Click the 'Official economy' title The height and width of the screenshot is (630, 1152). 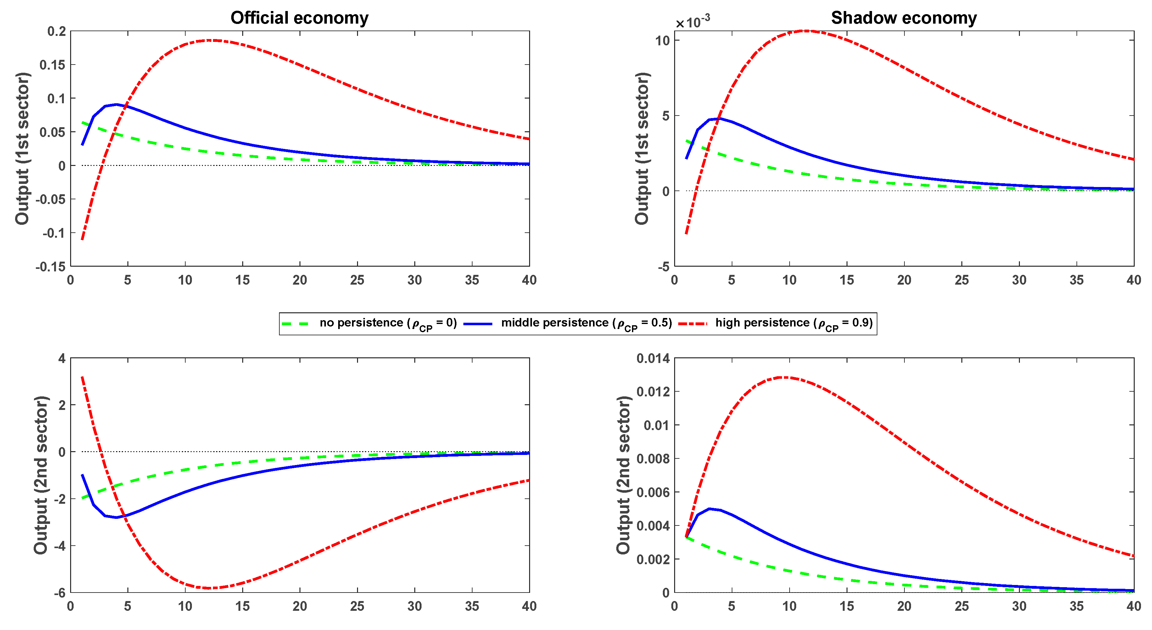(299, 18)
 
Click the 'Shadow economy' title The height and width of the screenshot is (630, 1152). (903, 18)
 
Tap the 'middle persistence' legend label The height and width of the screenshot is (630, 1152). (586, 323)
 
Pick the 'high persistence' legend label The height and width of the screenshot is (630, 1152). (794, 323)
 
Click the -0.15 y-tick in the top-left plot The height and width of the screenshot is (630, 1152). (51, 267)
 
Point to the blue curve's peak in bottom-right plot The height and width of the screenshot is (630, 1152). (709, 509)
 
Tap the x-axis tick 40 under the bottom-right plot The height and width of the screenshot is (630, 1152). (1133, 606)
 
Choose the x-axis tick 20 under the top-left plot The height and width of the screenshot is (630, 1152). (299, 280)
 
